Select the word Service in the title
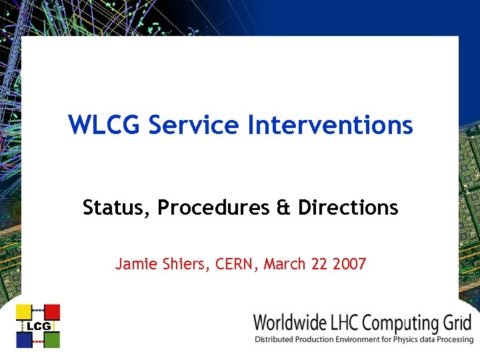[x=193, y=125]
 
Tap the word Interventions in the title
[x=331, y=125]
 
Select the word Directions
[x=348, y=208]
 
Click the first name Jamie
[x=134, y=264]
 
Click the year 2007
[x=349, y=264]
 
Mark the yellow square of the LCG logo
[x=24, y=312]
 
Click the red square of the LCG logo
[x=52, y=312]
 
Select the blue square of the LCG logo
[x=24, y=339]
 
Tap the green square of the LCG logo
[x=52, y=339]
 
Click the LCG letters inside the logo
[x=38, y=326]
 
